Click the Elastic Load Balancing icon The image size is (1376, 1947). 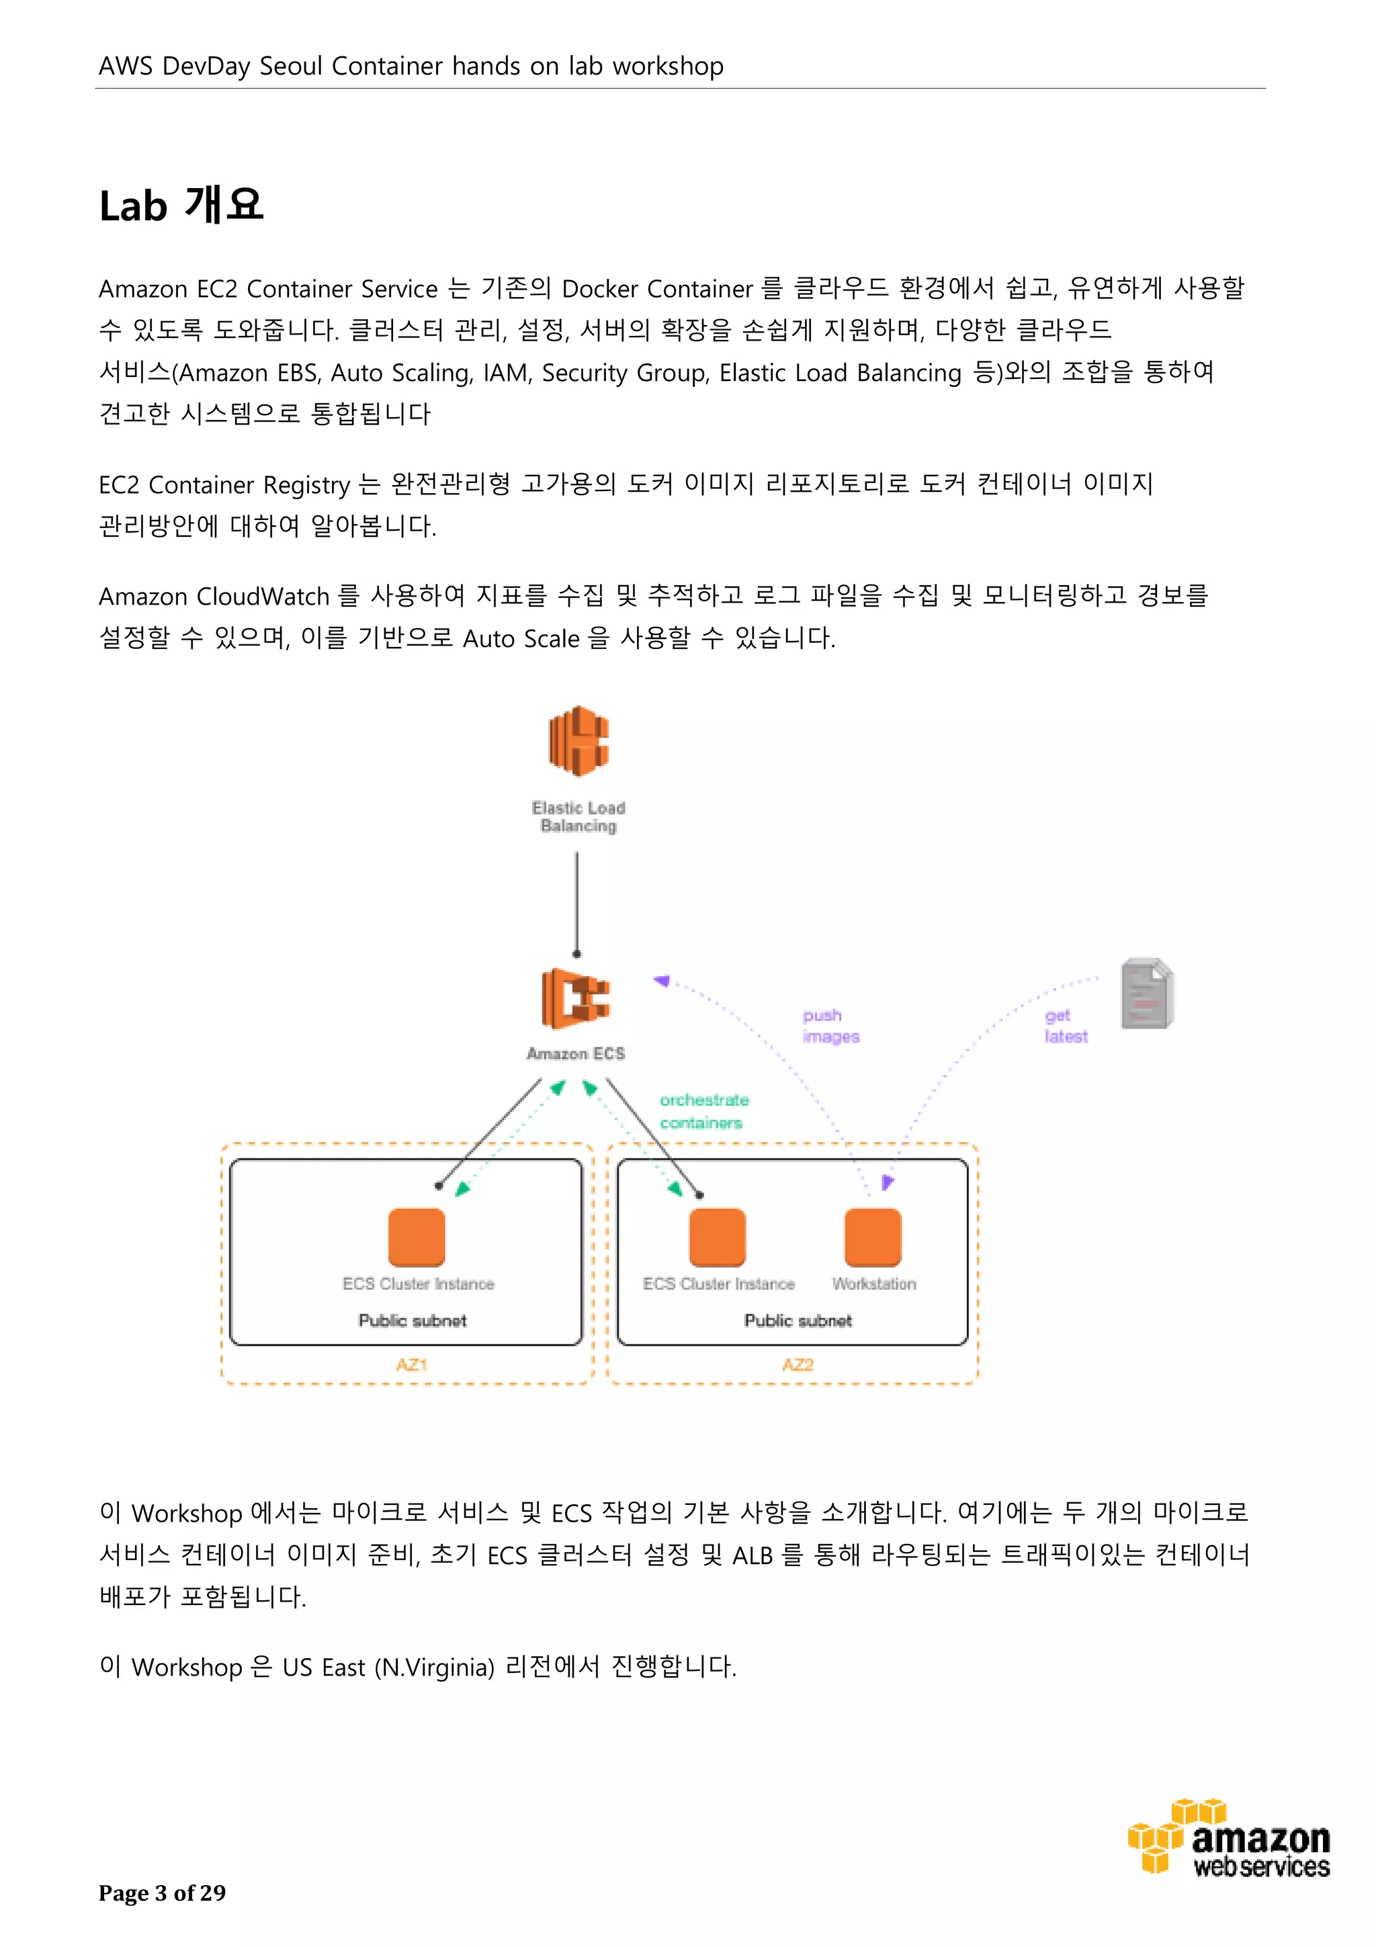pos(578,740)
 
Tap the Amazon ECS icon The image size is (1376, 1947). pos(576,998)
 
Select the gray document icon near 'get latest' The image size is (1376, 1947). pos(1146,993)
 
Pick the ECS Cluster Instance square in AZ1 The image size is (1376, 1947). pos(417,1238)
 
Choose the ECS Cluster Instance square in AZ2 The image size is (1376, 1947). pos(718,1238)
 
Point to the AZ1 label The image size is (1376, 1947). pos(411,1365)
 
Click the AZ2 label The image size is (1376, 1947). pos(797,1365)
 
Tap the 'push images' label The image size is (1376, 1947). pos(830,1025)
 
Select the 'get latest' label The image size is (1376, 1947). pos(1065,1025)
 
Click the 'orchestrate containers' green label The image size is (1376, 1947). pos(703,1111)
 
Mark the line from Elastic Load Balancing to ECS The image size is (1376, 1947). pos(577,903)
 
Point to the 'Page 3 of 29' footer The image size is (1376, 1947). pos(162,1893)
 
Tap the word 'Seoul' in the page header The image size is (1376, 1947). pos(291,66)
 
